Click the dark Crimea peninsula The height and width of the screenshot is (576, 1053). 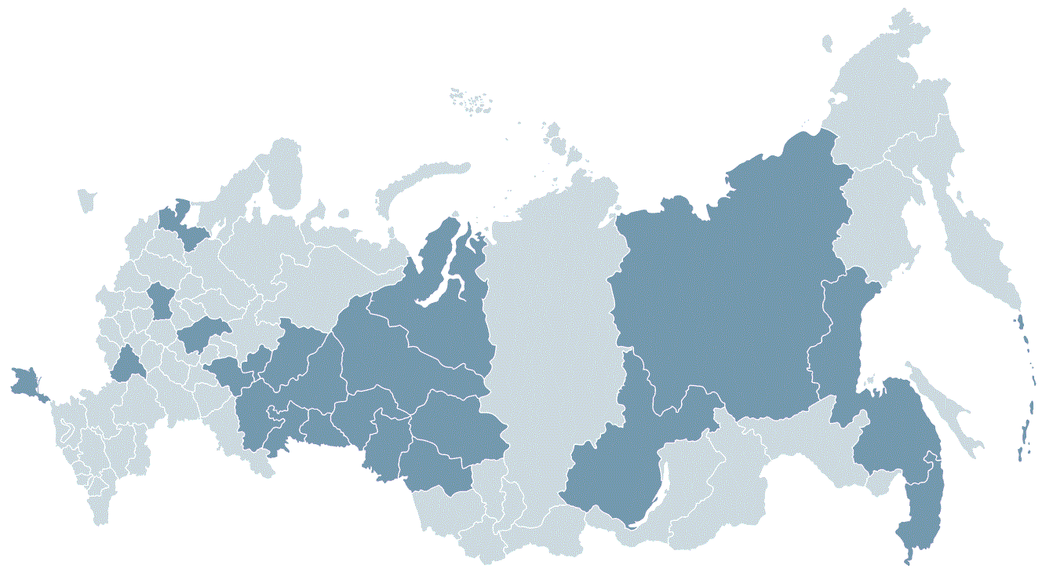25,381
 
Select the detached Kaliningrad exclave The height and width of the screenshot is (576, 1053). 86,200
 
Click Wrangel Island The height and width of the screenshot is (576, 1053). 827,43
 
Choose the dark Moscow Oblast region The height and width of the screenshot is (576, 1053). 162,301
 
